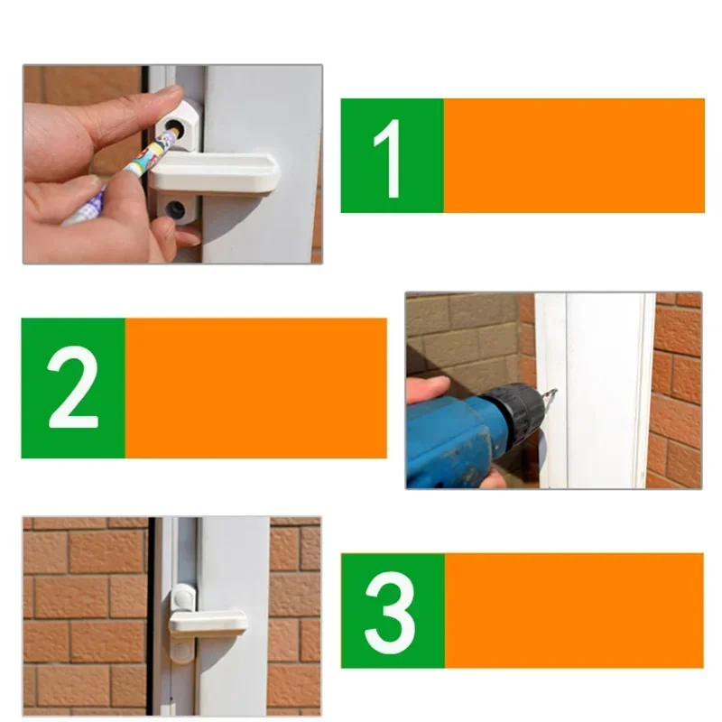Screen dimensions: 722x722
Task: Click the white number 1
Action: tap(391, 158)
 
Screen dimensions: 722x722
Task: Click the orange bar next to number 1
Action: tap(573, 155)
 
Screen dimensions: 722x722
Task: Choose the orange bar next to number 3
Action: tap(573, 610)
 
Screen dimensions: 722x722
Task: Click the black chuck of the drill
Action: tap(515, 410)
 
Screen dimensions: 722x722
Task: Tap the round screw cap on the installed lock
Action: tap(182, 597)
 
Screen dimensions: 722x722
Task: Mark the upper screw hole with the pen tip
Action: tap(175, 132)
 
